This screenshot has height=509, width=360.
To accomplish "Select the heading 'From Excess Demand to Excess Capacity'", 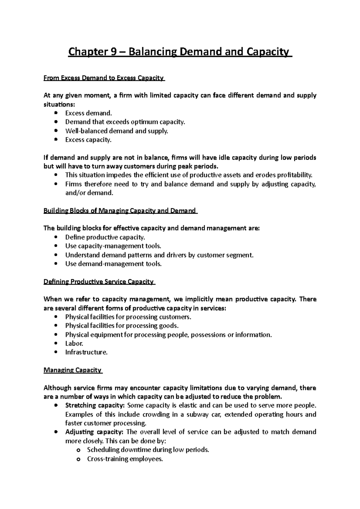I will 104,78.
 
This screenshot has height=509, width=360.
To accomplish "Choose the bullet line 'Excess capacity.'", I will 88,140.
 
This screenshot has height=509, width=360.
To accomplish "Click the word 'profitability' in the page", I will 295,175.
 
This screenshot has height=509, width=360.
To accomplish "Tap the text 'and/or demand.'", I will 89,193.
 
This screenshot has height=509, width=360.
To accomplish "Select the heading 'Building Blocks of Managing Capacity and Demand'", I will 120,211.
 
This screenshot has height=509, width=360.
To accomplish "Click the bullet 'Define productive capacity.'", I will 105,237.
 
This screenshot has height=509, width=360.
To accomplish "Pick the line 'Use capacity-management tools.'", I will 113,246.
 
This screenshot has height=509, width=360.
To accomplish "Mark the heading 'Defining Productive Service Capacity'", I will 99,282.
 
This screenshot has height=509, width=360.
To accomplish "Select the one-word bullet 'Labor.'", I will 74,344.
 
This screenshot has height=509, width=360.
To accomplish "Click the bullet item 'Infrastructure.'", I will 86,352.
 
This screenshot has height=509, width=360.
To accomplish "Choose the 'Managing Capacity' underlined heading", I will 73,370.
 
